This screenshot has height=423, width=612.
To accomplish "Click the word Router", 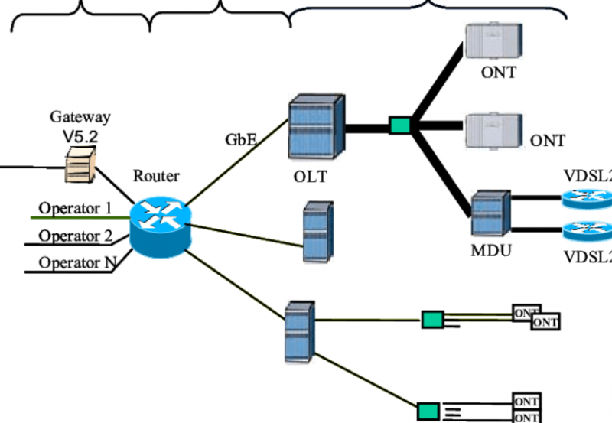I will [156, 176].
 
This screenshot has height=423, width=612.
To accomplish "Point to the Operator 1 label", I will [75, 208].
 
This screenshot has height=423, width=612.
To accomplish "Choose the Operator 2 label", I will [75, 236].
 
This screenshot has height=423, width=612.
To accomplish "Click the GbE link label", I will [240, 140].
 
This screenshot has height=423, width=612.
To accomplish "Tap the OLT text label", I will [310, 177].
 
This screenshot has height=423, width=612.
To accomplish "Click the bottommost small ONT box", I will [526, 418].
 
